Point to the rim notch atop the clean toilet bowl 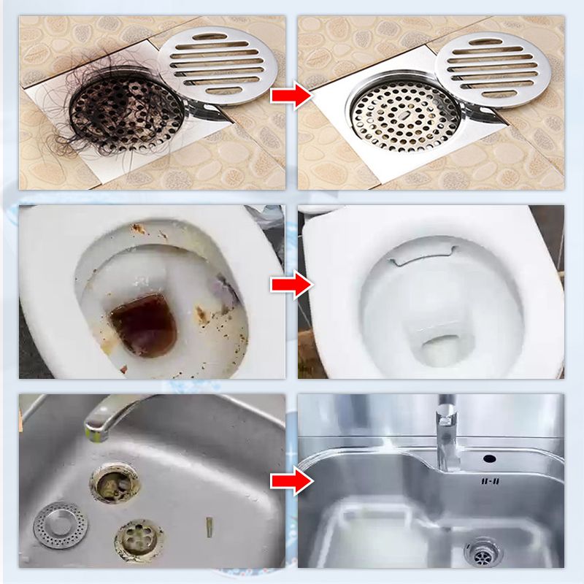coord(423,252)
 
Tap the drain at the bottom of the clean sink coord(483,553)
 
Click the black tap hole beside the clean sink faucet coord(489,459)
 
